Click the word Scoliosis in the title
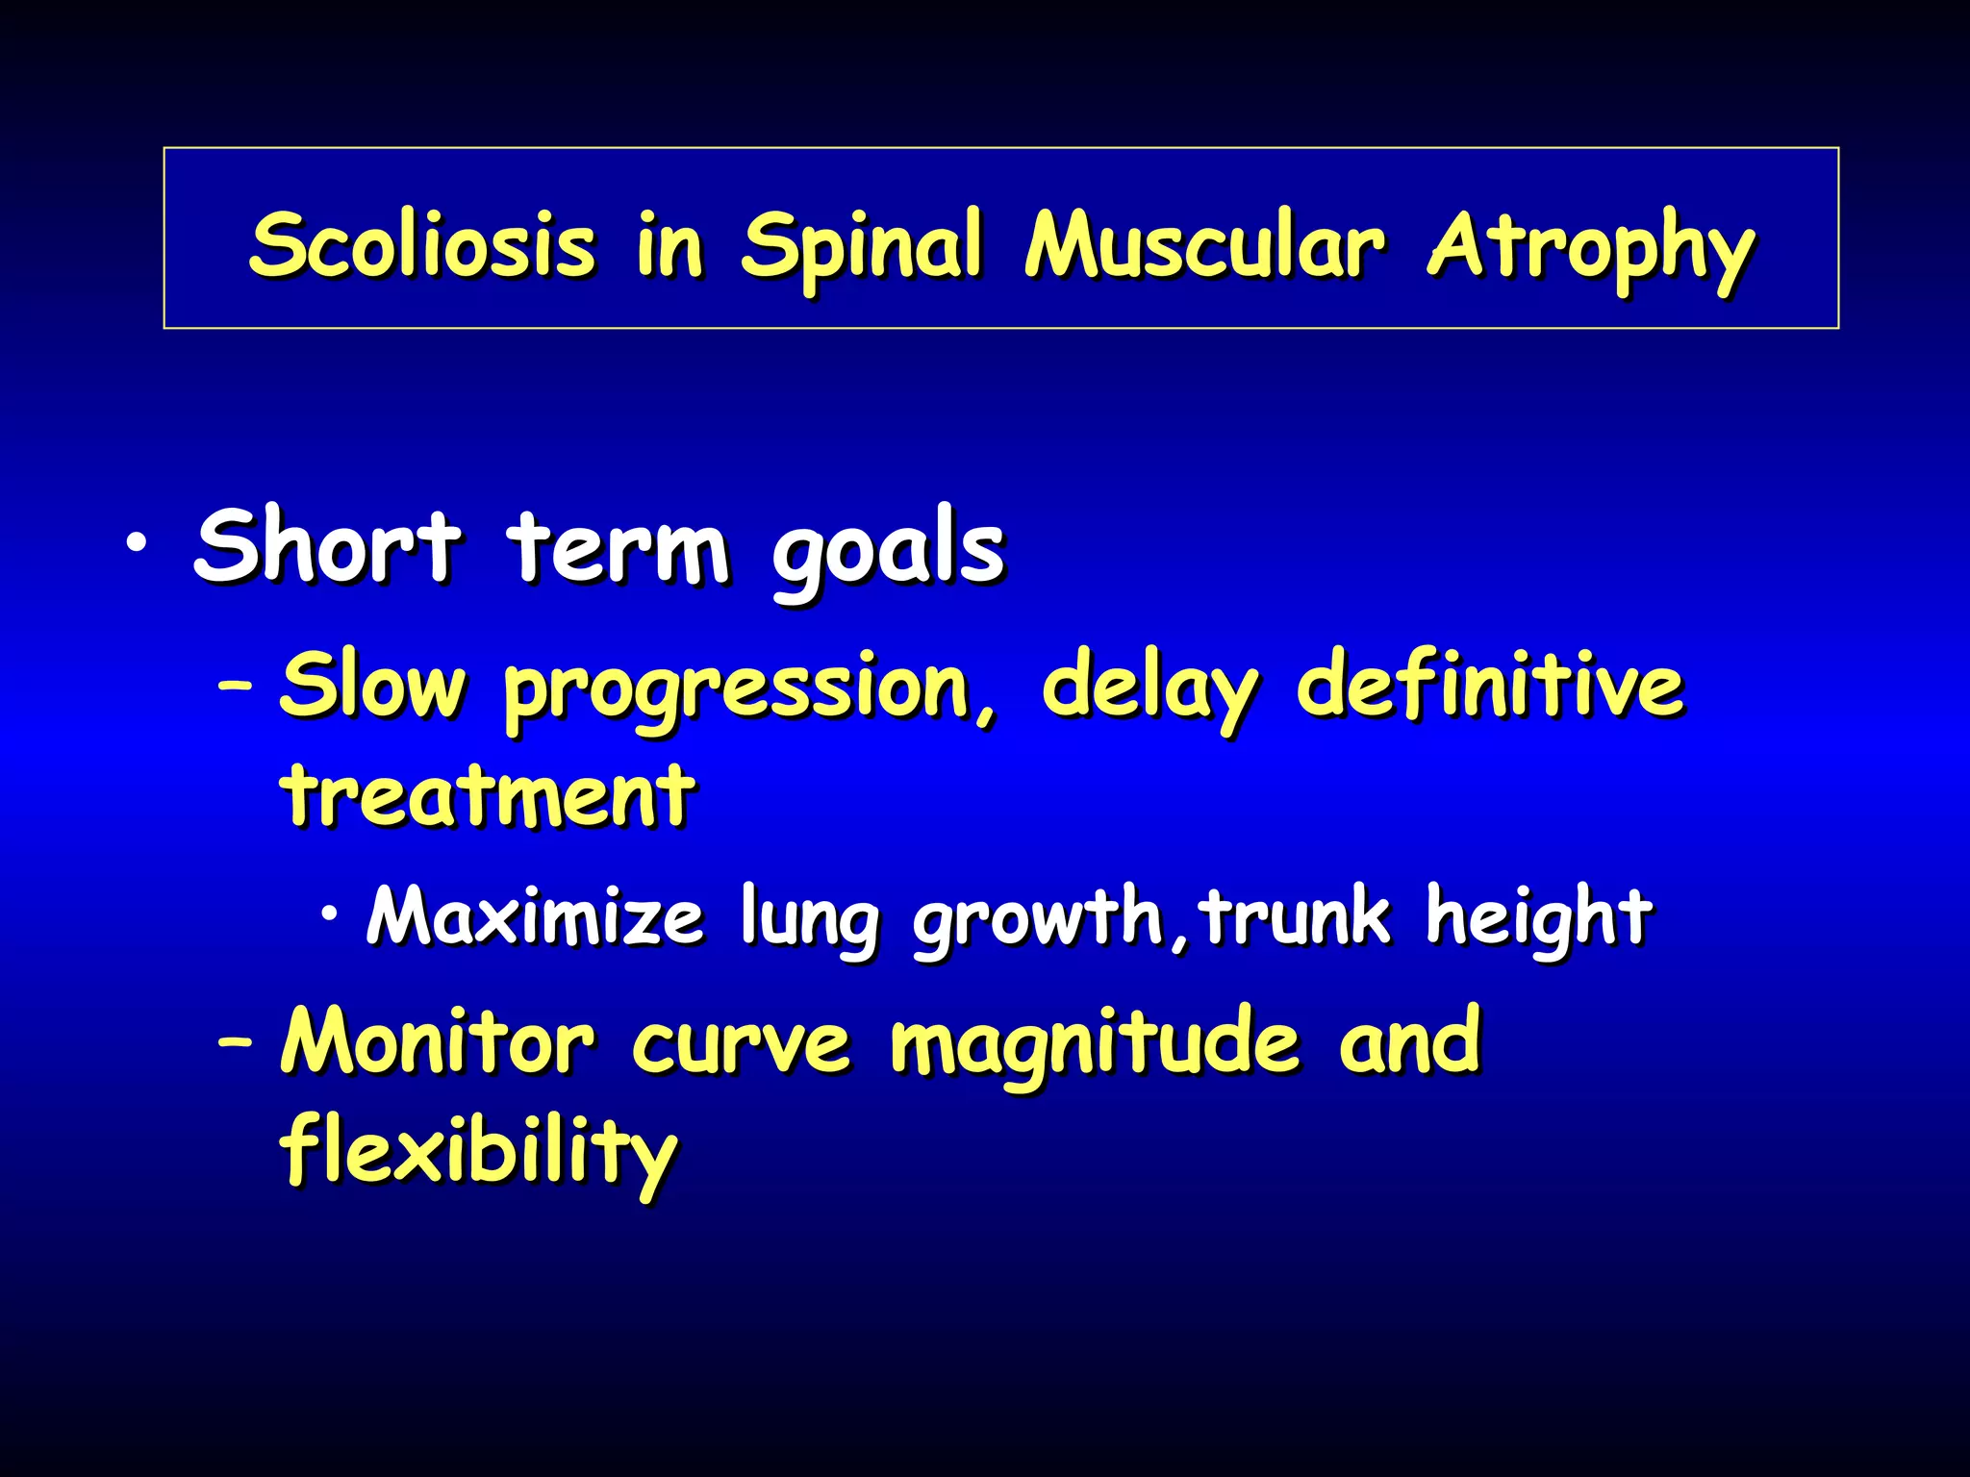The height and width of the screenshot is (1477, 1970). tap(422, 244)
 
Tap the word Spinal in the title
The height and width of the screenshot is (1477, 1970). tap(861, 247)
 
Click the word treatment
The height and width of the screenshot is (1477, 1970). tap(487, 795)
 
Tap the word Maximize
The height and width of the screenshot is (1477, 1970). tap(535, 917)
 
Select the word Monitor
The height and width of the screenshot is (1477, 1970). tap(438, 1042)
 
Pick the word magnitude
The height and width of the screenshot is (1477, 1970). tap(1095, 1046)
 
